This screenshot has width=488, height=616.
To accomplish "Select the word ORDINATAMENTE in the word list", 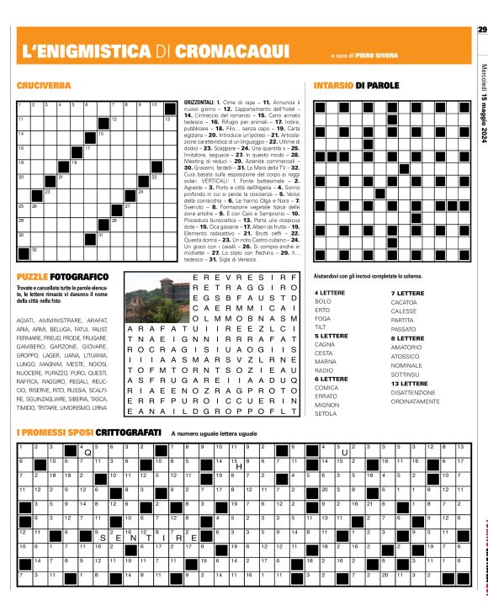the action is (416, 401).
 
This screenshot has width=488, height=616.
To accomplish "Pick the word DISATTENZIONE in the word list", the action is (414, 392).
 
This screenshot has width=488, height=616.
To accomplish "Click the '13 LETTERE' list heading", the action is (409, 383).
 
